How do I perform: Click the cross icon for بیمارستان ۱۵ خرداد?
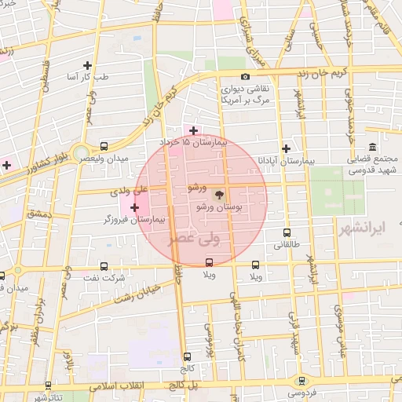[x=194, y=130]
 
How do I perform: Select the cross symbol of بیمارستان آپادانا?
[x=287, y=148]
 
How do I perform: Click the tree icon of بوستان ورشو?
[x=219, y=192]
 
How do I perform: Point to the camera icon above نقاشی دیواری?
[x=246, y=77]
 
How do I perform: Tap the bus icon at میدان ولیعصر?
[x=104, y=146]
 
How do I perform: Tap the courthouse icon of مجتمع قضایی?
[x=371, y=147]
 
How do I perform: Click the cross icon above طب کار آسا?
[x=87, y=65]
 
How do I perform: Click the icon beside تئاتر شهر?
[x=49, y=386]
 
